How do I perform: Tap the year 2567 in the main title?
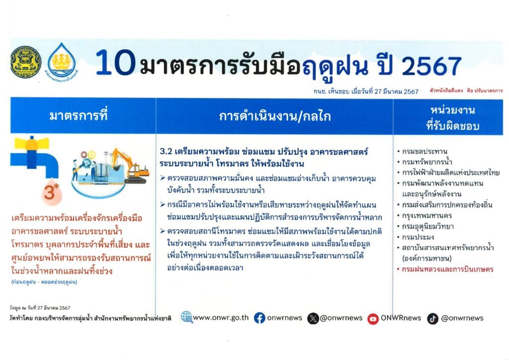pos(431,66)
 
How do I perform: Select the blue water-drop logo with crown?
pos(61,61)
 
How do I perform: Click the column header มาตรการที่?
pos(78,115)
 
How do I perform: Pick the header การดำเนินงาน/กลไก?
pos(274,116)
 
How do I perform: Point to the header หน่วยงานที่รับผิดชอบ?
pos(452,118)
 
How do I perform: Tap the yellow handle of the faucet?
pos(32,143)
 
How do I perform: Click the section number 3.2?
pos(166,152)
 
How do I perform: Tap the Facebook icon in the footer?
pos(259,318)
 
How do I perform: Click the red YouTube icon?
pos(373,319)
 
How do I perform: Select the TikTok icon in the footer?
pos(432,319)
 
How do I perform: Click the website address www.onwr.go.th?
pos(221,318)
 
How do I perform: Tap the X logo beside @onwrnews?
pos(313,319)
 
